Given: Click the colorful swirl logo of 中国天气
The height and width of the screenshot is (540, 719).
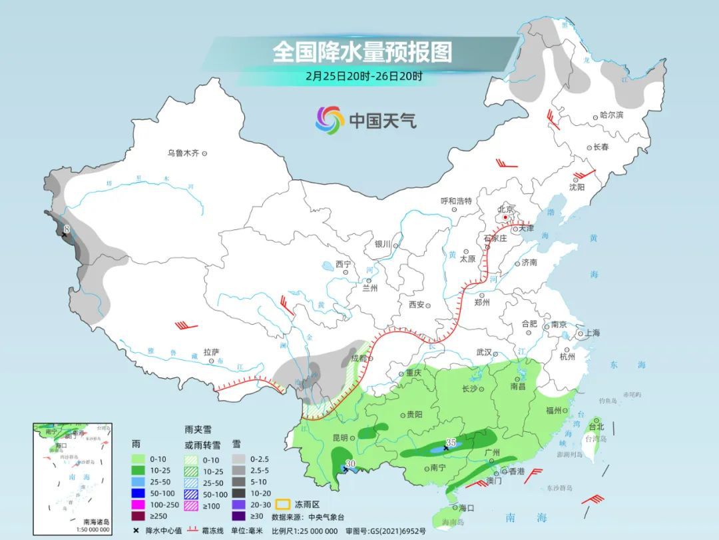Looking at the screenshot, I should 330,120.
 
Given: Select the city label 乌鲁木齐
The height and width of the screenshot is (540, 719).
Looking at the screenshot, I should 183,153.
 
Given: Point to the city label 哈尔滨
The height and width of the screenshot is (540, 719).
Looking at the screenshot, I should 611,115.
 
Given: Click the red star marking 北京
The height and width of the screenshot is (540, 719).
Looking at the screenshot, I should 506,217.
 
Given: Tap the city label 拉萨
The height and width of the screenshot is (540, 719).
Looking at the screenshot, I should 211,351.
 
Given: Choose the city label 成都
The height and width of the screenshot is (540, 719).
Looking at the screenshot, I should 358,358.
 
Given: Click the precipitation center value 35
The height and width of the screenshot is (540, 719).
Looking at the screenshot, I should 451,443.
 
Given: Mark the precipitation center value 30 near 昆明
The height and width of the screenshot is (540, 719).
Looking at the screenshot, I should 352,464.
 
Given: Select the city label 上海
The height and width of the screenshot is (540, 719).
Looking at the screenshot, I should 591,333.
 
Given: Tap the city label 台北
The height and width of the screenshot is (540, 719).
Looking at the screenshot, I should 596,426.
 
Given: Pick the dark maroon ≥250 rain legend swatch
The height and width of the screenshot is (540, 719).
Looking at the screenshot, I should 139,516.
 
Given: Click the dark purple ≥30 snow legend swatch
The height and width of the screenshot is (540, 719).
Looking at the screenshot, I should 239,516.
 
